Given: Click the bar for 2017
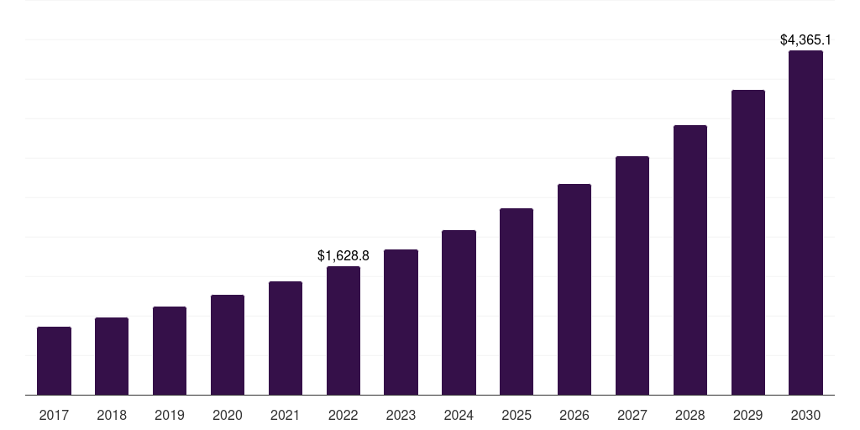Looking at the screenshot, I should tap(54, 360).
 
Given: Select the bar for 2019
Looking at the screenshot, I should tap(170, 350).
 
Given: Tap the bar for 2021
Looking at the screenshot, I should tap(286, 338).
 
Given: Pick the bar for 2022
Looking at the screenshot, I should tap(343, 330).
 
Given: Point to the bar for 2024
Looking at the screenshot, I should tap(459, 312).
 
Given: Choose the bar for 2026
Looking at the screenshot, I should tap(574, 289).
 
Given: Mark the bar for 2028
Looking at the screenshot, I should tap(690, 260).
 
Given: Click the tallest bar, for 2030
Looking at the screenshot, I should tap(805, 223).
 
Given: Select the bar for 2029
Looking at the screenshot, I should tap(748, 242).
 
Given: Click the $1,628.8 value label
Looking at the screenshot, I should tap(343, 255).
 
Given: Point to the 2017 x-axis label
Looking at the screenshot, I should tap(54, 415).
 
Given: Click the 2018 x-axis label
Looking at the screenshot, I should tap(112, 415).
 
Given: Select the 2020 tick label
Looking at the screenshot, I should tap(228, 415).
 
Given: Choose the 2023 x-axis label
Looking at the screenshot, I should tap(401, 415).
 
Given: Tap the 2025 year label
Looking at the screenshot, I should tap(517, 415).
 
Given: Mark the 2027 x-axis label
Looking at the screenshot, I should tap(632, 415).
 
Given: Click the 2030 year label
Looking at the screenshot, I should tap(805, 415).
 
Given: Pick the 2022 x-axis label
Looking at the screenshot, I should tap(343, 415).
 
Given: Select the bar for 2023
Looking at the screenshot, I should tap(401, 322).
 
